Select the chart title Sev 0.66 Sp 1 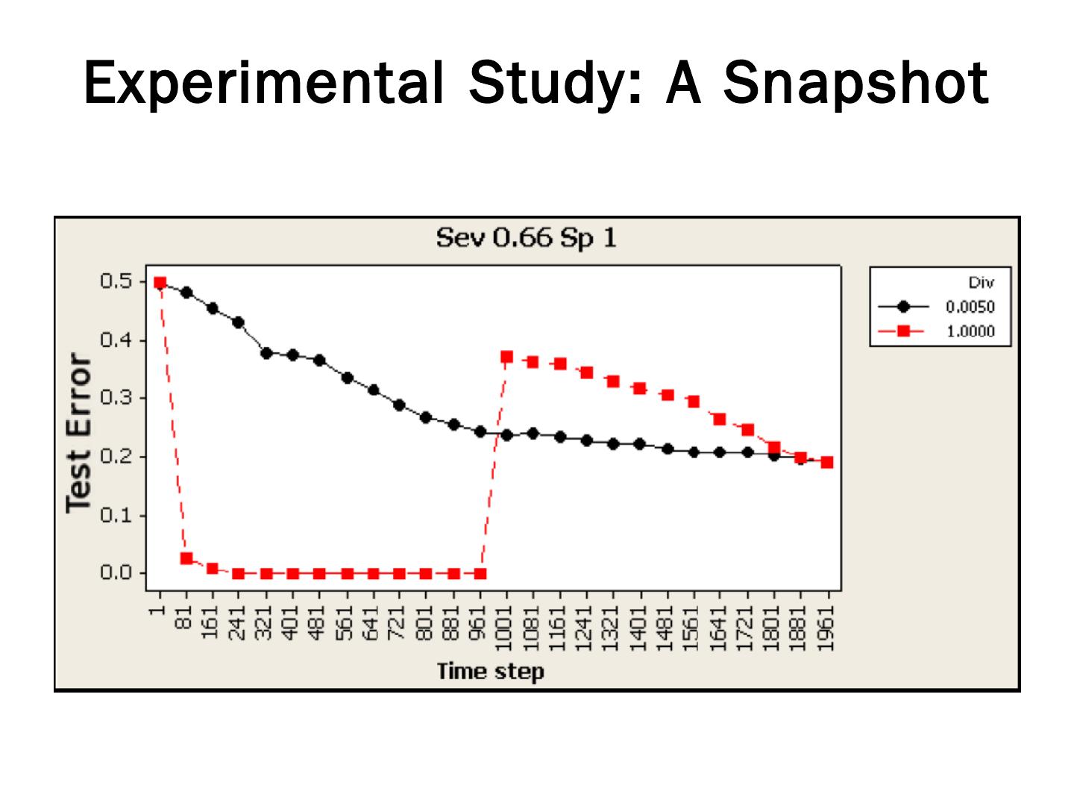pos(526,238)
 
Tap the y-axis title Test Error pos(78,432)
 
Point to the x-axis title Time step pos(491,671)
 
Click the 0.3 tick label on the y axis pos(115,398)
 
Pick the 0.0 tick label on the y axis pos(115,573)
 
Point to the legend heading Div pos(981,283)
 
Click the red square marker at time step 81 pos(186,558)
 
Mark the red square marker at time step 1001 pos(506,357)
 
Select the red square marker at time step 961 pos(480,574)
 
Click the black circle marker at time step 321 pos(266,353)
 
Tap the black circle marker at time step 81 pos(186,293)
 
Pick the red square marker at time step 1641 pos(720,419)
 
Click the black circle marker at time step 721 pos(399,405)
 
